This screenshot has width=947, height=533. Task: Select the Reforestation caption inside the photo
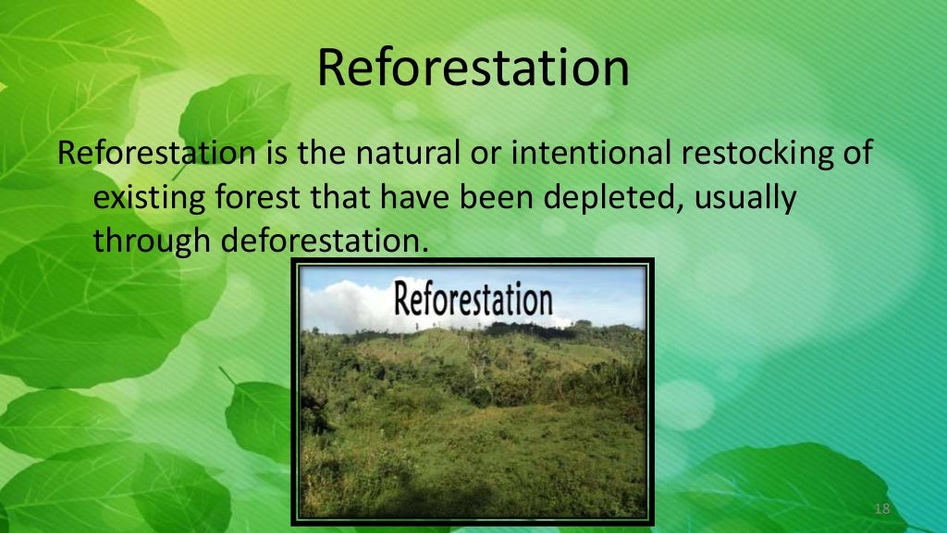coord(473,300)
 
